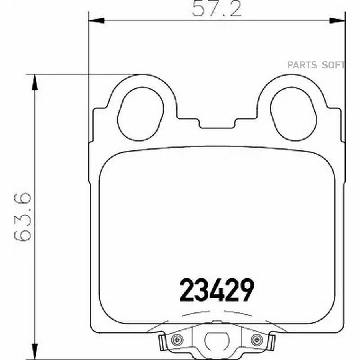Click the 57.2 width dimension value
tap(217, 9)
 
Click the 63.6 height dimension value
tap(22, 217)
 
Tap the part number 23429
tap(216, 290)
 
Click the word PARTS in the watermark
tap(302, 65)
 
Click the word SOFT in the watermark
tap(333, 65)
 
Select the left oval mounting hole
tap(140, 114)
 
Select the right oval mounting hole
tap(293, 114)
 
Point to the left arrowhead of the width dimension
tap(96, 20)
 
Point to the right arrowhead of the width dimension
tap(337, 20)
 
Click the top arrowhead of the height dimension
tap(34, 82)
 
